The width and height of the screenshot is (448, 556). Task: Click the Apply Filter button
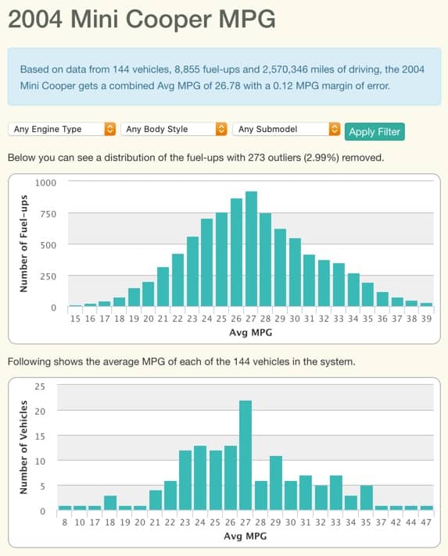tap(375, 131)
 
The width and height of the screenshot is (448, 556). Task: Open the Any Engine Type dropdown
tap(63, 129)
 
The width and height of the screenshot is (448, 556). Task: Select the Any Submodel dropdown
tap(287, 129)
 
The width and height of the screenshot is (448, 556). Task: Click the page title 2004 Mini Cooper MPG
tap(142, 20)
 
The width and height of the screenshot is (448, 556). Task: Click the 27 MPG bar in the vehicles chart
tap(246, 456)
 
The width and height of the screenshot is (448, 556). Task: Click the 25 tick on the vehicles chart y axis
tap(41, 387)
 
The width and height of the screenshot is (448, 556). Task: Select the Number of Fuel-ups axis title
tap(23, 244)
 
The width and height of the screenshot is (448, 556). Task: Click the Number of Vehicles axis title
tap(23, 448)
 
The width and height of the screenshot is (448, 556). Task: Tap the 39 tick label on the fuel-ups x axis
tap(426, 319)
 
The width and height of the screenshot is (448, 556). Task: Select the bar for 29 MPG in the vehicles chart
tap(275, 483)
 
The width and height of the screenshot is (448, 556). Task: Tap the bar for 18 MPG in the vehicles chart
tap(110, 503)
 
